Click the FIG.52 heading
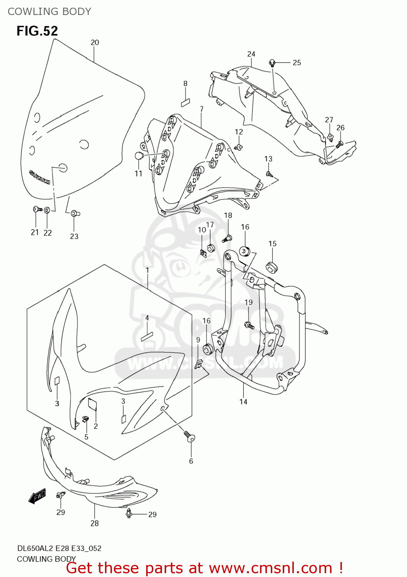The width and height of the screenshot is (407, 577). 37,31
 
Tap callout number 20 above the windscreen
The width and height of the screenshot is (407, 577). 95,42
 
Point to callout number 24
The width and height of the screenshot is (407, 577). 251,54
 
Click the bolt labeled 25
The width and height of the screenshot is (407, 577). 272,62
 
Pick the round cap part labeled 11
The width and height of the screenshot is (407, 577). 139,156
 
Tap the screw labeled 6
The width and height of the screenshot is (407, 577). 190,436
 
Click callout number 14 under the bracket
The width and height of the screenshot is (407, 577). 243,402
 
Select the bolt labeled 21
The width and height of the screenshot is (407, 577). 37,209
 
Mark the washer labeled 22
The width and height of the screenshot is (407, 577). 47,210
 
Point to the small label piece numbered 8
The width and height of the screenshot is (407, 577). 185,102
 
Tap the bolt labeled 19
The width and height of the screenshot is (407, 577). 249,325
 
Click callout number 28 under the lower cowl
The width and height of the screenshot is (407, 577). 95,523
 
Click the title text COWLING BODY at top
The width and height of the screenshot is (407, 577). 49,12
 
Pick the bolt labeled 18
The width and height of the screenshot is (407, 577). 227,238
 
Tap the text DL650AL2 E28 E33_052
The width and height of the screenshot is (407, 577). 59,548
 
